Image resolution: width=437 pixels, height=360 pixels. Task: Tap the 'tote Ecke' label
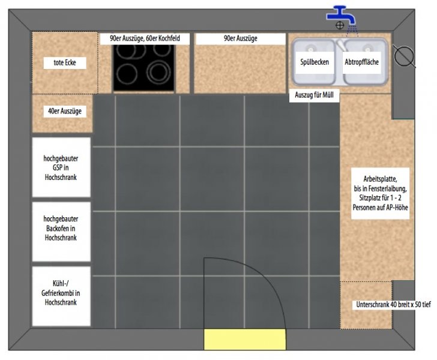pyautogui.click(x=65, y=62)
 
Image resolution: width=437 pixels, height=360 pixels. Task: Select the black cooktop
pyautogui.click(x=144, y=68)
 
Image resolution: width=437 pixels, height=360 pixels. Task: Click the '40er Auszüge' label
pyautogui.click(x=65, y=111)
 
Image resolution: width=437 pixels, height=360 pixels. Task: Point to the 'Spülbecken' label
pyautogui.click(x=315, y=62)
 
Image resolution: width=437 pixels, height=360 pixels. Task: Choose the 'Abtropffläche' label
pyautogui.click(x=361, y=62)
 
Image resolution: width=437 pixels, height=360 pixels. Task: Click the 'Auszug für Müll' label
pyautogui.click(x=314, y=95)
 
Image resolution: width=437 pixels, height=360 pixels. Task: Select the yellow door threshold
pyautogui.click(x=245, y=339)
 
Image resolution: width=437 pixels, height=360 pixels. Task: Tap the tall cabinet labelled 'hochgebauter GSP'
pyautogui.click(x=61, y=167)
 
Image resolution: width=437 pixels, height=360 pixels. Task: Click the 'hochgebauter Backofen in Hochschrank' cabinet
pyautogui.click(x=61, y=232)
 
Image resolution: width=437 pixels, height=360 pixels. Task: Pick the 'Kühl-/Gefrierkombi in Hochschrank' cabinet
pyautogui.click(x=61, y=296)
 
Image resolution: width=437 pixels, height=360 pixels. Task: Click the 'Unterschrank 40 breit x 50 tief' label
pyautogui.click(x=393, y=305)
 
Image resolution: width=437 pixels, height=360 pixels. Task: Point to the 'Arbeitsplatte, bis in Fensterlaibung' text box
pyautogui.click(x=380, y=193)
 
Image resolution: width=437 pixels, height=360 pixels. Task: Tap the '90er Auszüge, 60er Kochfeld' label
pyautogui.click(x=145, y=38)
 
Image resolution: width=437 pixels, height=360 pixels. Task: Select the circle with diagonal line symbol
pyautogui.click(x=404, y=56)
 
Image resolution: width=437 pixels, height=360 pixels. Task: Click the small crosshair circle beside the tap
pyautogui.click(x=340, y=25)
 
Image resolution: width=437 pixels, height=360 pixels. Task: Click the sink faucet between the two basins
pyautogui.click(x=342, y=46)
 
